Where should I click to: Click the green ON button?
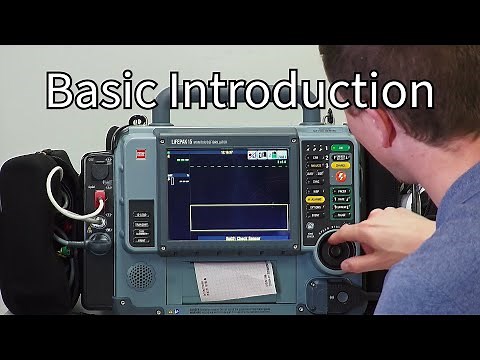click(x=340, y=148)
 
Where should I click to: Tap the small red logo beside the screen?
click(x=140, y=153)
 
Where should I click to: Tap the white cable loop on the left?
click(x=62, y=190)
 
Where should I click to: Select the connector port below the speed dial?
click(x=331, y=296)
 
